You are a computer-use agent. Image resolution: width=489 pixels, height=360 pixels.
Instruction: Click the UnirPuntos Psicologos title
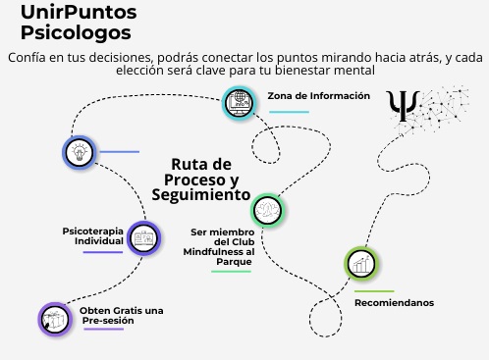tap(79, 22)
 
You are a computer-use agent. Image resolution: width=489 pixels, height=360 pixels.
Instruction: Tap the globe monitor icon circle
tap(240, 101)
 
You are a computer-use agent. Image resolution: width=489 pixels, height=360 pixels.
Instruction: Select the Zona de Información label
tap(318, 96)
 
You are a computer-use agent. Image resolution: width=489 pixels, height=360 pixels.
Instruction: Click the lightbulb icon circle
tap(79, 152)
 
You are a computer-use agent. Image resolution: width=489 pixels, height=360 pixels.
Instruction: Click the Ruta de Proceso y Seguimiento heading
tap(201, 180)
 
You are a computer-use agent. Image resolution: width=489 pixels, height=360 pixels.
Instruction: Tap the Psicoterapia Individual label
tap(92, 235)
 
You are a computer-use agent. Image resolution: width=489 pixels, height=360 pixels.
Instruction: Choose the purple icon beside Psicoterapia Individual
tap(144, 238)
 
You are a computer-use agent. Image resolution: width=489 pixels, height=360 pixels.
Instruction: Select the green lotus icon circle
tap(267, 210)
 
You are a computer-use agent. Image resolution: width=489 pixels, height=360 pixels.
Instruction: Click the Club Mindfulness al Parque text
tap(221, 247)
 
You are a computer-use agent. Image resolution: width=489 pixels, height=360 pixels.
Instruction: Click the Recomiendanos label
tap(394, 303)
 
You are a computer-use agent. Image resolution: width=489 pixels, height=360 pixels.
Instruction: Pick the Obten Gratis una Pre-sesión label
tap(123, 315)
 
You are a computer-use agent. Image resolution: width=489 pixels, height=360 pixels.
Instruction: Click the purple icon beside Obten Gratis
tap(55, 318)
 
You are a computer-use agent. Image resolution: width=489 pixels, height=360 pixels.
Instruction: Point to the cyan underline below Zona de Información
tap(289, 112)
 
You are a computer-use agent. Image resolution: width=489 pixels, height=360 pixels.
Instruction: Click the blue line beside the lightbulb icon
tap(119, 152)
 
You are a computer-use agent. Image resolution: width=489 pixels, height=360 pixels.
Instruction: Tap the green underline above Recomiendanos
tap(373, 291)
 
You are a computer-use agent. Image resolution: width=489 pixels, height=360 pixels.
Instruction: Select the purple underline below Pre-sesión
tap(103, 329)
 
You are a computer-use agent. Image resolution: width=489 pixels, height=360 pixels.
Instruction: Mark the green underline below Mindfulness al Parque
tap(231, 271)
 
